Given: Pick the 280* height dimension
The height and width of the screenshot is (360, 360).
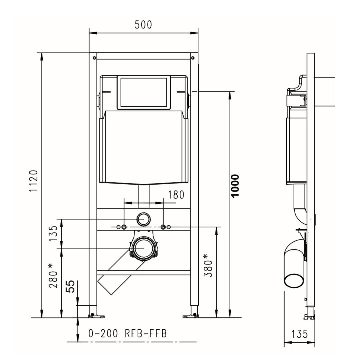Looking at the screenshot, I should coord(51,276).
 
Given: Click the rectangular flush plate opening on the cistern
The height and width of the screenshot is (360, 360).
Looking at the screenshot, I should coord(144,92).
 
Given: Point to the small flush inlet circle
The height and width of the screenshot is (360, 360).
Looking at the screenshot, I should coord(144,218).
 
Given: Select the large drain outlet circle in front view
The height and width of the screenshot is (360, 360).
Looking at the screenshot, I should coord(144,247).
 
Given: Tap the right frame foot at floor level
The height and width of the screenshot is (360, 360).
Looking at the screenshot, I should coord(192,314).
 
